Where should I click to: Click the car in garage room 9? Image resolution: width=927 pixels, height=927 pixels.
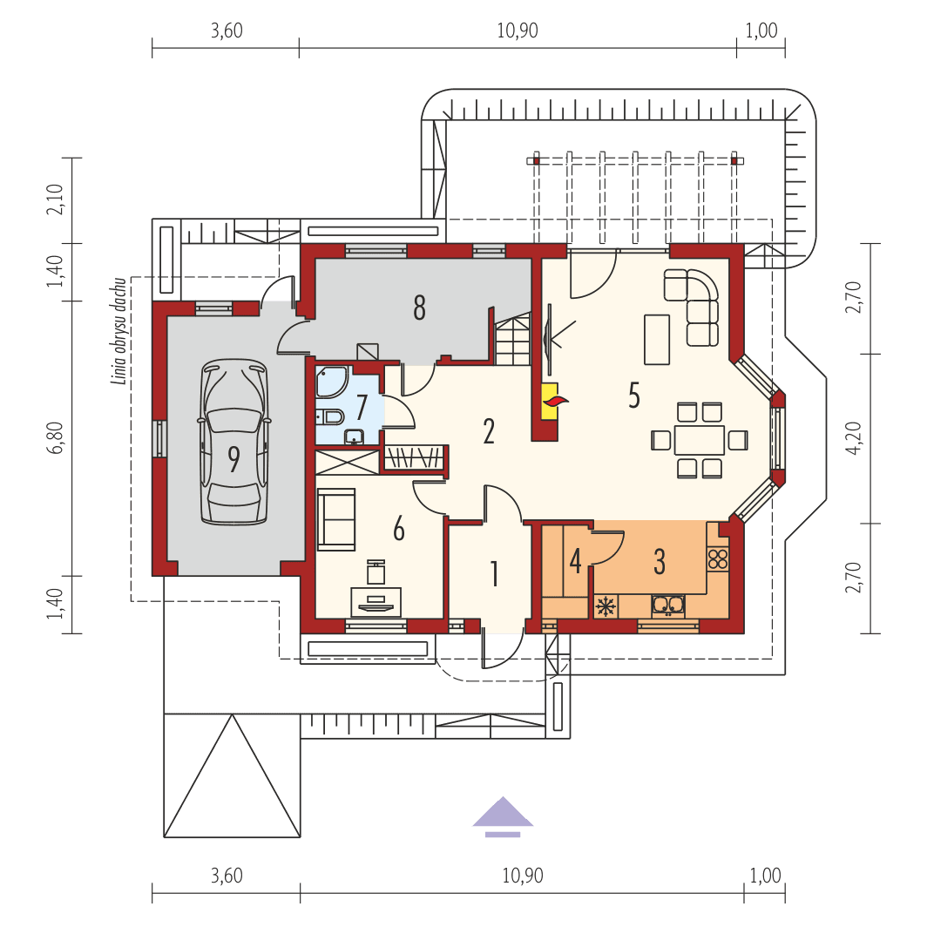point(233,442)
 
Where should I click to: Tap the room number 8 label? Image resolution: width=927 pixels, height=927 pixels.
point(419,308)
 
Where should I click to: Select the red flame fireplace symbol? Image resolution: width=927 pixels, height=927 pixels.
point(554,401)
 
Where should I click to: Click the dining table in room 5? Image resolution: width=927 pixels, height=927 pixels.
point(699,440)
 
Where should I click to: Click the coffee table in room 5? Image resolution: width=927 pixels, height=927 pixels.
point(656,339)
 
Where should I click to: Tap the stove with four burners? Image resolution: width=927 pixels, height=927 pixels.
point(718,558)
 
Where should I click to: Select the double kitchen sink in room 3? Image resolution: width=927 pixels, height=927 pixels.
point(667,604)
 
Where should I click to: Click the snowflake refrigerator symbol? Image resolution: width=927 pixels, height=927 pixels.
point(605,606)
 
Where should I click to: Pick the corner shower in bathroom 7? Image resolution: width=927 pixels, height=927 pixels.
point(332,382)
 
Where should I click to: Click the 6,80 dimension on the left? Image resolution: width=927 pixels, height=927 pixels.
point(57,436)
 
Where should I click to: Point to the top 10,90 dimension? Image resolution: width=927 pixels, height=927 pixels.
point(518,31)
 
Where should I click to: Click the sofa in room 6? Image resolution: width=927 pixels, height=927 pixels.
point(336,518)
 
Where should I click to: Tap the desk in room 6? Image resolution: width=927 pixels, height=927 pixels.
point(376,600)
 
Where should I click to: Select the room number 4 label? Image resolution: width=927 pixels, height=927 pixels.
point(575,560)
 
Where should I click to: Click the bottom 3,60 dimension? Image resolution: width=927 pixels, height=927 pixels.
point(227,876)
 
